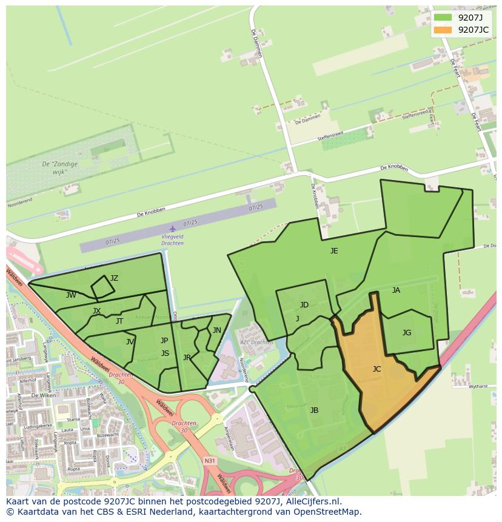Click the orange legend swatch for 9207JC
point(443,30)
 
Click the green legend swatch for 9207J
point(443,18)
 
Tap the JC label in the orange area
point(376,369)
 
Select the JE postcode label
point(334,250)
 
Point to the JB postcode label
point(314,410)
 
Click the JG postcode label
point(407,332)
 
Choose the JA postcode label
point(396,290)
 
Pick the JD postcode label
point(304,304)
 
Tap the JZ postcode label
point(114,278)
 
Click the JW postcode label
point(71,295)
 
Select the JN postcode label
point(216,330)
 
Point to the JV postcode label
point(130,342)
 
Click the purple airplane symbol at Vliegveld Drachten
point(173,229)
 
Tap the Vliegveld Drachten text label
point(172,239)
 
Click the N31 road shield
point(210,461)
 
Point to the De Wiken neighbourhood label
point(43,395)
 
